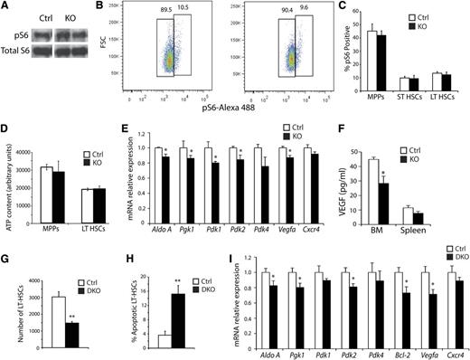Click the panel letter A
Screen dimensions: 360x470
pyautogui.click(x=6, y=6)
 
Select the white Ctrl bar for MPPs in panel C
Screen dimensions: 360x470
pyautogui.click(x=371, y=62)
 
